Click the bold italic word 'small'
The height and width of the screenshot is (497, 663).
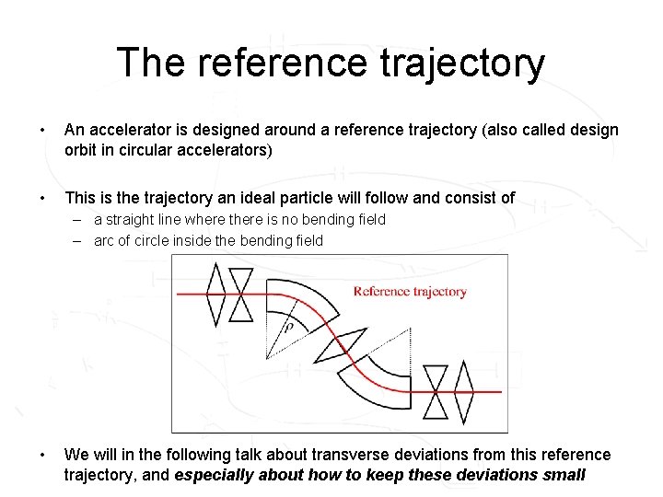(563, 475)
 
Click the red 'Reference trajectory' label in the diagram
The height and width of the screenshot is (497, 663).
(410, 292)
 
